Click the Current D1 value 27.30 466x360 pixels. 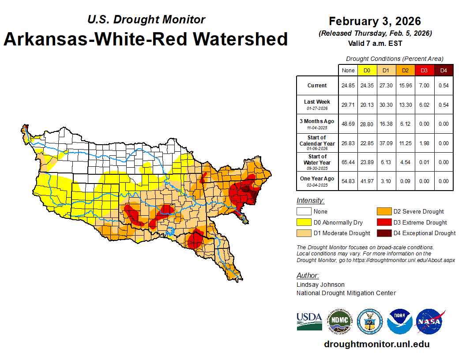coord(385,86)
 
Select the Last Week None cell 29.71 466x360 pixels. coord(348,105)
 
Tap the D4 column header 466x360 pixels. coord(443,71)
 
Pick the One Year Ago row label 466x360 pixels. coord(317,179)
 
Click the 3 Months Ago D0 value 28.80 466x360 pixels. coord(367,124)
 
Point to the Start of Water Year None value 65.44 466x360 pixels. coord(348,162)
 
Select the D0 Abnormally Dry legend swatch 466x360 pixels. coord(304,222)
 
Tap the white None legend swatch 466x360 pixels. coord(304,212)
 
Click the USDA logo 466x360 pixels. coord(309,321)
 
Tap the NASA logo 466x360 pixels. coord(430,322)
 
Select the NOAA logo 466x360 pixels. coord(400,322)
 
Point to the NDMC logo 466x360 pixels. coord(339,322)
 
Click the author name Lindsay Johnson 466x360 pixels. coord(320,285)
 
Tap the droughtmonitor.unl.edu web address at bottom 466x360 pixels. coord(376,344)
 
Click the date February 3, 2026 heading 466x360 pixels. coord(375,21)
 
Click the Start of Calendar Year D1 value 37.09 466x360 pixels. coord(385,143)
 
